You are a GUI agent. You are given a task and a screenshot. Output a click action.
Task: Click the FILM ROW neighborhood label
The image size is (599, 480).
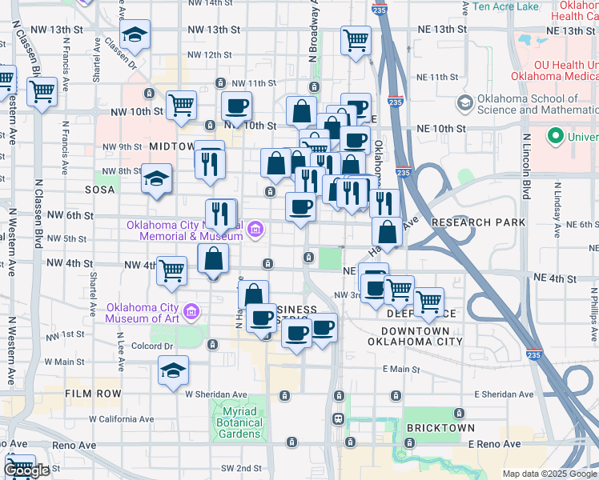94,394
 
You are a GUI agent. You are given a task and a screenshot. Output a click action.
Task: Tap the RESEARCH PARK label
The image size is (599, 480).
478,222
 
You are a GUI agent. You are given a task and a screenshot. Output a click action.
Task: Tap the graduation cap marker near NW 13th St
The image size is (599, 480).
135,35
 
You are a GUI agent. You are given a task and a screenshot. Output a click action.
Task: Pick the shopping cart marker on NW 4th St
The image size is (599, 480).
172,271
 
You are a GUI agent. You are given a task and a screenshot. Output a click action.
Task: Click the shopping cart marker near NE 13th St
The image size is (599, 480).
356,39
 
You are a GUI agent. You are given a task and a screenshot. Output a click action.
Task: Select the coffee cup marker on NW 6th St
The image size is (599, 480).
300,208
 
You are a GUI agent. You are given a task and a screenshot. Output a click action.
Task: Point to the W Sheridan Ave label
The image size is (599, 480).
216,394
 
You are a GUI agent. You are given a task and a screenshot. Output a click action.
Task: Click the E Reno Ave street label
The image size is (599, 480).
494,444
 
